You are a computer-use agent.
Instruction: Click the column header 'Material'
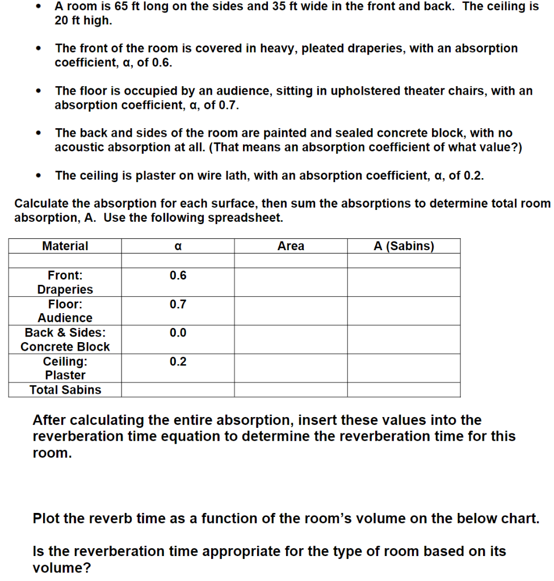click(x=65, y=246)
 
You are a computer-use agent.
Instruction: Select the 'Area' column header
click(x=291, y=246)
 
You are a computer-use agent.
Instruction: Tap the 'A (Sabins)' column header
click(x=404, y=246)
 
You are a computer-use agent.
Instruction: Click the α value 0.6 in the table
click(x=178, y=276)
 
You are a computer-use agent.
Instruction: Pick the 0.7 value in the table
click(x=178, y=305)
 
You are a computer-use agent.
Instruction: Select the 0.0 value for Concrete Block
click(x=178, y=333)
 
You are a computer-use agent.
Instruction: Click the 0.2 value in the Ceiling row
click(x=178, y=362)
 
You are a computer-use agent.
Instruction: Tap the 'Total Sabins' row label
click(x=65, y=390)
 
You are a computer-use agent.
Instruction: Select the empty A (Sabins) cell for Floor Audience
click(x=404, y=311)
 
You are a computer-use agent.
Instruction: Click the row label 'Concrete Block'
click(x=65, y=347)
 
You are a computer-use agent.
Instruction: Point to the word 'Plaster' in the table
click(x=65, y=375)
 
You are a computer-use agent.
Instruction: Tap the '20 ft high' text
click(x=83, y=20)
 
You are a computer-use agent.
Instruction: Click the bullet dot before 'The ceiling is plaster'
click(x=38, y=176)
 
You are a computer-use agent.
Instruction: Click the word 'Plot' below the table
click(x=47, y=519)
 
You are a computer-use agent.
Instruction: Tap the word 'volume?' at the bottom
click(x=62, y=567)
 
